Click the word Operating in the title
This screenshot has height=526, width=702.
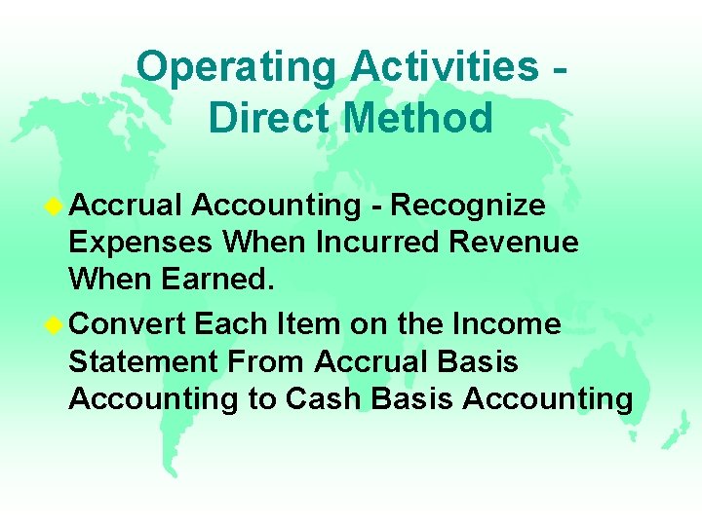(x=237, y=68)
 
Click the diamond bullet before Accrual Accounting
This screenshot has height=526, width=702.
(x=57, y=206)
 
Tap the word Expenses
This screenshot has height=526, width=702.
(x=141, y=243)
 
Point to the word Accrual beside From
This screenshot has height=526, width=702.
(x=369, y=362)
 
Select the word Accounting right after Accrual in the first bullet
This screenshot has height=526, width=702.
(x=276, y=206)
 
